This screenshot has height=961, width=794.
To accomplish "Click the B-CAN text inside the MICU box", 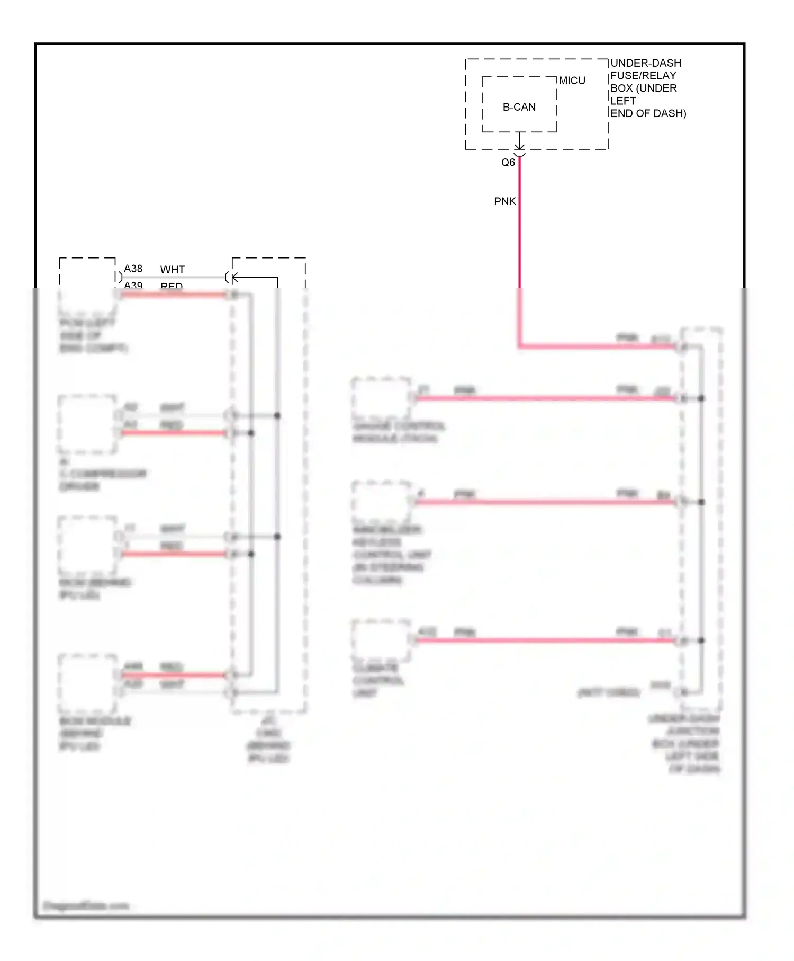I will click(x=519, y=107).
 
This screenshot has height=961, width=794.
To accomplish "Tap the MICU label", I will click(x=572, y=81).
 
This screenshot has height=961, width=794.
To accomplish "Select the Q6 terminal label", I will click(x=508, y=163).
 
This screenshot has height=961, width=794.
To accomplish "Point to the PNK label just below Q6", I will click(x=504, y=201).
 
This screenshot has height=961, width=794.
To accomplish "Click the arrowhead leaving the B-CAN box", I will click(x=520, y=147).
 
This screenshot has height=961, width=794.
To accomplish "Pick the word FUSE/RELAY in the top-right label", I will click(x=643, y=76).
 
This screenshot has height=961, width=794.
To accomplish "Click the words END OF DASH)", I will click(x=648, y=113).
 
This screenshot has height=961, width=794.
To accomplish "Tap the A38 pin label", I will click(x=133, y=269).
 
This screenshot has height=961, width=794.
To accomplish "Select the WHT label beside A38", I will click(x=172, y=270).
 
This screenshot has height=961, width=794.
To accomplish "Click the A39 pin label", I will click(x=133, y=286).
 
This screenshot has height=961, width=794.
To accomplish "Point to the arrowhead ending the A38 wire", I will click(x=233, y=277).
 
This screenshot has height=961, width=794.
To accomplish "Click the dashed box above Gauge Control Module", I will click(x=381, y=397).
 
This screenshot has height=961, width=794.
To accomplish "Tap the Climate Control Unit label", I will click(x=378, y=680).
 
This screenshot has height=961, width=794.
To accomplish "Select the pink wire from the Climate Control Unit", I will click(x=545, y=640).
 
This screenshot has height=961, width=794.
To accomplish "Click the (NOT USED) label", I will click(x=608, y=692).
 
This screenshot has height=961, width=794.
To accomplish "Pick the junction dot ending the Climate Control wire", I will click(x=701, y=640).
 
